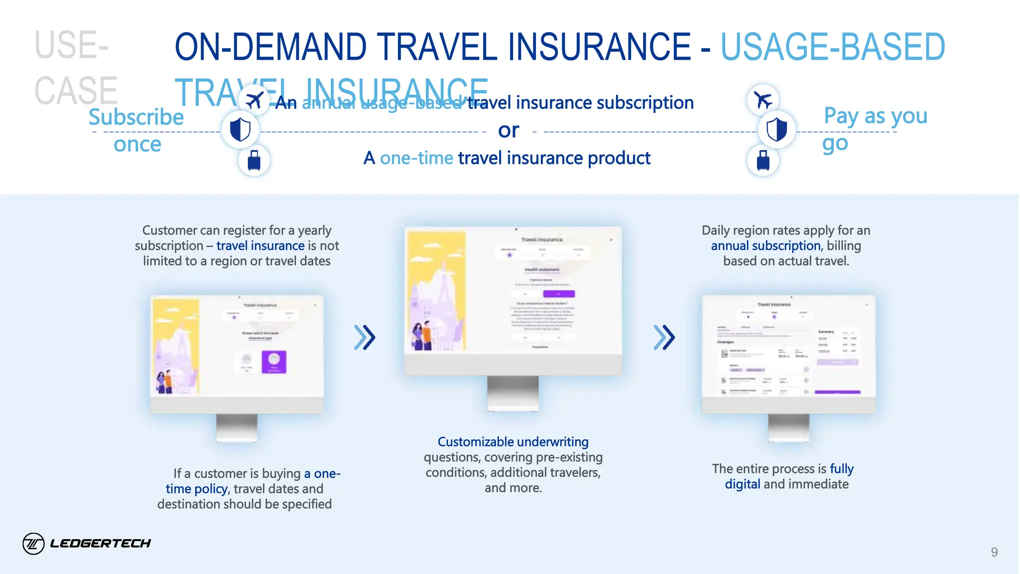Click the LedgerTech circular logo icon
[x=33, y=543]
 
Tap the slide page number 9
[x=994, y=552]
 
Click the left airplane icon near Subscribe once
[x=254, y=100]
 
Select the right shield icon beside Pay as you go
[x=776, y=130]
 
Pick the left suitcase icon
[x=254, y=160]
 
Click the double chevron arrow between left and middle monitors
[x=365, y=337]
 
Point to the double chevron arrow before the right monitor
[x=664, y=337]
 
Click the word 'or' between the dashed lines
[x=509, y=131]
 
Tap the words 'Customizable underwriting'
[x=513, y=442]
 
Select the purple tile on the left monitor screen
[x=274, y=362]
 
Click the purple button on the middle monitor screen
[x=559, y=294]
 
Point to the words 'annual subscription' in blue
[x=765, y=246]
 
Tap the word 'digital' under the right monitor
[x=742, y=484]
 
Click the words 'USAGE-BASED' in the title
[x=833, y=47]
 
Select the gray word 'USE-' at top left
[x=71, y=45]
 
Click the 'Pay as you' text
[x=876, y=116]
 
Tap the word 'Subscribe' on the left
[x=136, y=118]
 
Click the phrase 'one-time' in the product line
[x=416, y=158]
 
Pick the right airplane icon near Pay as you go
[x=763, y=100]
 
